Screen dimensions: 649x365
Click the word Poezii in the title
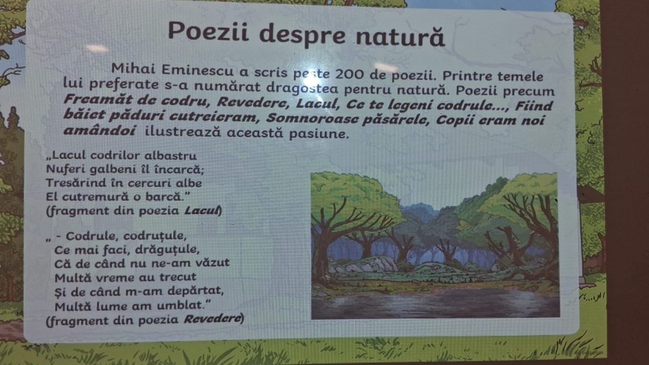coord(208,31)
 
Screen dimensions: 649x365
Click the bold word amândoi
coord(100,130)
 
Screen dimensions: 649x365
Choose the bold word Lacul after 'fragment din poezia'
coord(202,210)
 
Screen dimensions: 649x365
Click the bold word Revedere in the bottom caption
coord(212,319)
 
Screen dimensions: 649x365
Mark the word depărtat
coord(195,291)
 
